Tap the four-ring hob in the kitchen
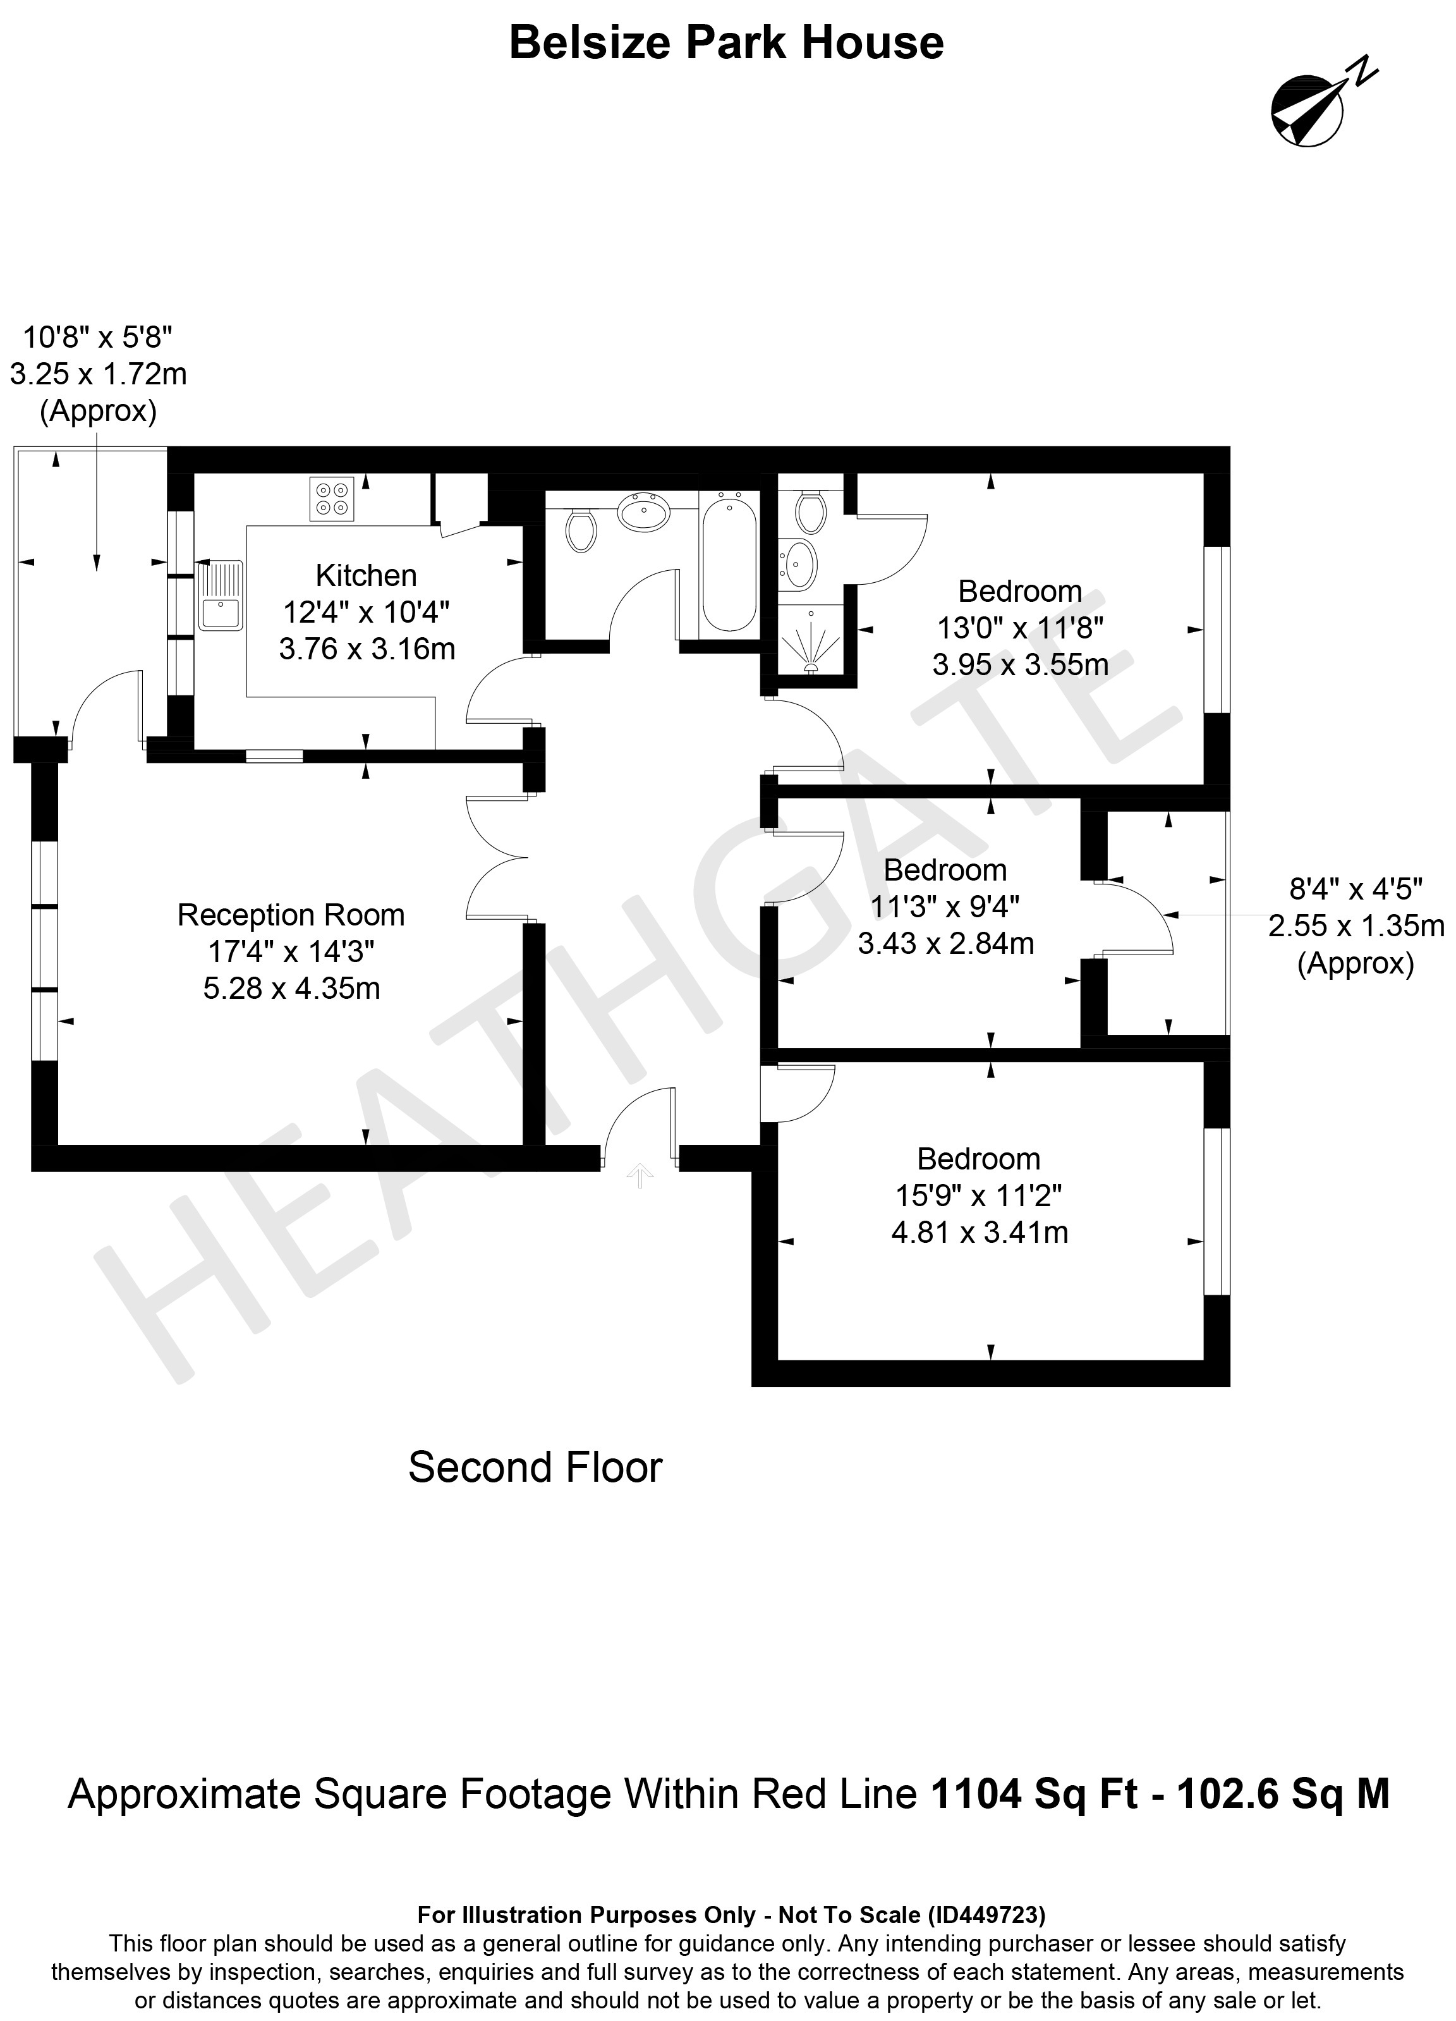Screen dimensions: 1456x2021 332,499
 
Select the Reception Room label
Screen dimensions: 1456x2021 291,915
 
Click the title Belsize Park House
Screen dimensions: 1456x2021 726,43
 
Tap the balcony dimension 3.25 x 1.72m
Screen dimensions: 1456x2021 98,374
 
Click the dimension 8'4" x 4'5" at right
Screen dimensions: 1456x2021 1356,888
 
